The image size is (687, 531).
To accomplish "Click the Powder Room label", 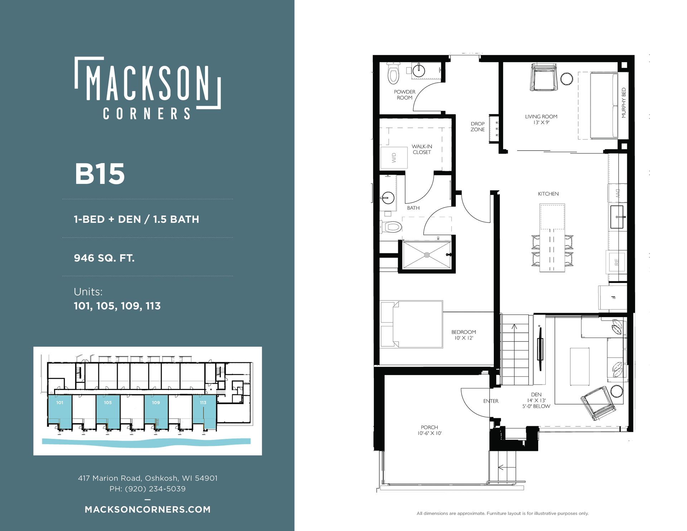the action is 405,95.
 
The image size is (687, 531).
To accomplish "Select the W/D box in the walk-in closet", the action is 394,157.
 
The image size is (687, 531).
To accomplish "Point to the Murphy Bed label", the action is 624,103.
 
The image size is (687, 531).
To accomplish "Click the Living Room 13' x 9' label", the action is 541,120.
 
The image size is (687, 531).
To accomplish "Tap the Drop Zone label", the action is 478,127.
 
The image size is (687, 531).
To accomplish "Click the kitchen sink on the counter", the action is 617,217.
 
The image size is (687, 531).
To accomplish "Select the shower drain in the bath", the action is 427,255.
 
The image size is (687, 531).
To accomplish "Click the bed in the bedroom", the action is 412,324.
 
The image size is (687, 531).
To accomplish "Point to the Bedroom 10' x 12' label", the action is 464,335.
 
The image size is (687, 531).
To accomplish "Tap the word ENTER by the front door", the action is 491,401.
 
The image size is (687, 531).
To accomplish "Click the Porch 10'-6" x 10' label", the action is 429,430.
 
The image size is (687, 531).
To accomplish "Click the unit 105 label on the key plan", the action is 108,403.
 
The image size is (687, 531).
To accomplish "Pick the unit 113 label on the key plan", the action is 203,403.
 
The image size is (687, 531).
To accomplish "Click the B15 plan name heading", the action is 99,174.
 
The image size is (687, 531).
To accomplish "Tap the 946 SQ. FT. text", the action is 104,258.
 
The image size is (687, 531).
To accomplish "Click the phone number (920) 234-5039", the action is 155,489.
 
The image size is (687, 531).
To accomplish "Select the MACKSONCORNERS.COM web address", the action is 148,510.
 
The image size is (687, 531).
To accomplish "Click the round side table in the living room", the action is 566,79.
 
